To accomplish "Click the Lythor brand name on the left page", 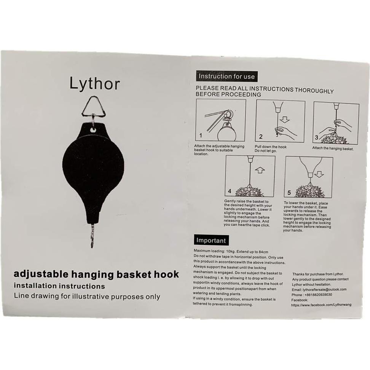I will [94, 83].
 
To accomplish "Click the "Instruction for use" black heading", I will [226, 77].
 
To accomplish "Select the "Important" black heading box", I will [211, 241].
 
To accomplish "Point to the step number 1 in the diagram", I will [201, 135].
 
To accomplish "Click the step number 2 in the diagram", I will [261, 136].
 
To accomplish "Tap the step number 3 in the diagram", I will [316, 137].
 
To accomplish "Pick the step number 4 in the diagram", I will [229, 191].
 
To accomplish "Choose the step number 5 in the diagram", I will [289, 193].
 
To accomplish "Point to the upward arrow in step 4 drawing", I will [260, 170].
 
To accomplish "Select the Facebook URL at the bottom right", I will [321, 305].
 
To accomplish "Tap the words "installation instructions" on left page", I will [59, 285].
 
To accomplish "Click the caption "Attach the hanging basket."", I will [333, 148].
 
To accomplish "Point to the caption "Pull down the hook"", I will [271, 147].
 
